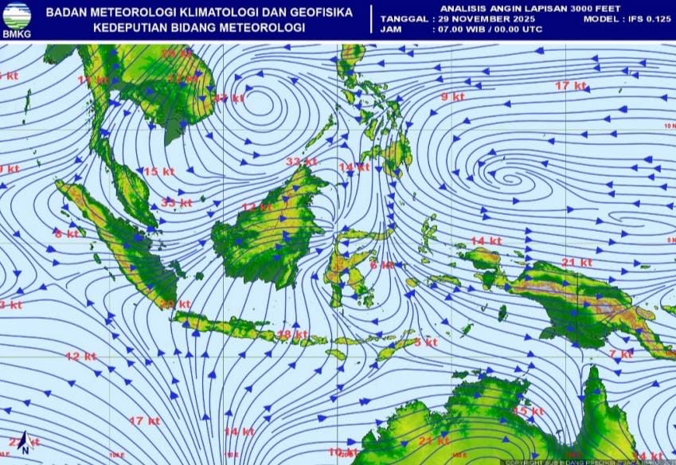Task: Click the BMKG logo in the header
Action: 17,18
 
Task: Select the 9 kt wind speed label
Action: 452,96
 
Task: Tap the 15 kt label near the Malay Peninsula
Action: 158,171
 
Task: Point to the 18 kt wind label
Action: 291,334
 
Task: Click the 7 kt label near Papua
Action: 620,354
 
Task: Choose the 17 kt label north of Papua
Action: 571,85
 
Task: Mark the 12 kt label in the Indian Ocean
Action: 81,356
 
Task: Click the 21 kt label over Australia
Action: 433,440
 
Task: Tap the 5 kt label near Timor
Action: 426,342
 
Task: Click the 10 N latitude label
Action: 668,126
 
